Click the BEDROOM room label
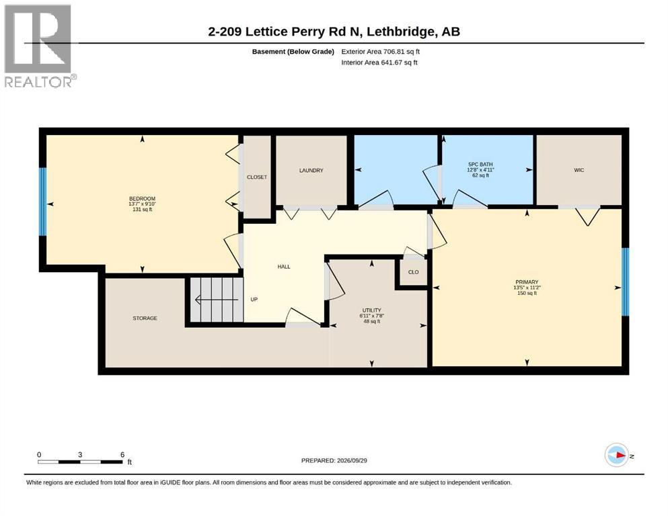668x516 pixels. pyautogui.click(x=143, y=199)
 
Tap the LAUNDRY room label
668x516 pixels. pyautogui.click(x=311, y=170)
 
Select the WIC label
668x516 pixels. pyautogui.click(x=579, y=170)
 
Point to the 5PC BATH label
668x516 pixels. pyautogui.click(x=480, y=164)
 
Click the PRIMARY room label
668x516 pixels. pyautogui.click(x=527, y=282)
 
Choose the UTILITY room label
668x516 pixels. pyautogui.click(x=372, y=310)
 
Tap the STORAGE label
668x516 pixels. pyautogui.click(x=145, y=318)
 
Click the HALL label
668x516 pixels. pyautogui.click(x=284, y=267)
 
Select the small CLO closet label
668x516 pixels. pyautogui.click(x=413, y=272)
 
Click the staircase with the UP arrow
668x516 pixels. pyautogui.click(x=217, y=300)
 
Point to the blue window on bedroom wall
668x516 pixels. pyautogui.click(x=42, y=202)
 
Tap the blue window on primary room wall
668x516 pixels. pyautogui.click(x=625, y=282)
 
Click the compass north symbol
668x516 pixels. pyautogui.click(x=617, y=455)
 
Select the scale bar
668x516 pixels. pyautogui.click(x=80, y=462)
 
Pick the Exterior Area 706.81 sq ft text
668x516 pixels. pyautogui.click(x=381, y=52)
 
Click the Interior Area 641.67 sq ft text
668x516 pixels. pyautogui.click(x=379, y=62)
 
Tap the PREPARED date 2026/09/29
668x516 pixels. pyautogui.click(x=334, y=460)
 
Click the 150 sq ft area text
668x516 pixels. pyautogui.click(x=527, y=293)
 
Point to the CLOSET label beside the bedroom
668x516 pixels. pyautogui.click(x=257, y=177)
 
